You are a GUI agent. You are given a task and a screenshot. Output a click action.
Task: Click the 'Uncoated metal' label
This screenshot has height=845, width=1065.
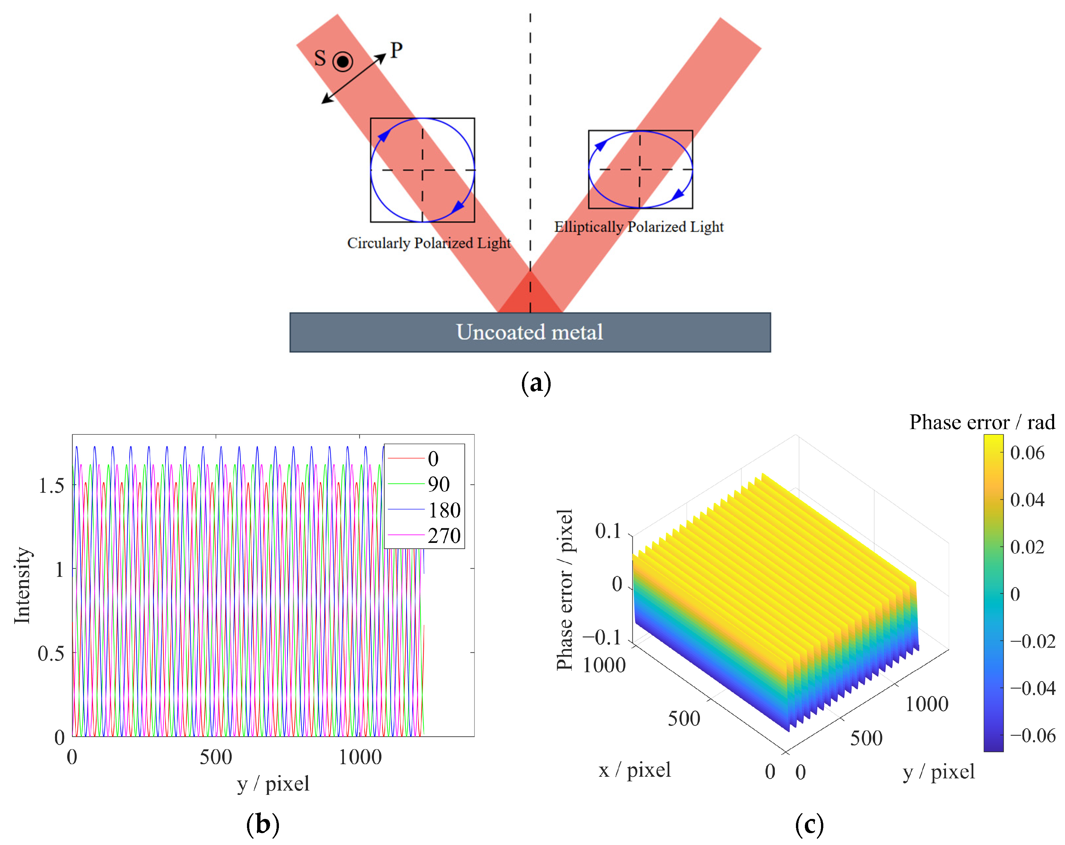pyautogui.click(x=530, y=332)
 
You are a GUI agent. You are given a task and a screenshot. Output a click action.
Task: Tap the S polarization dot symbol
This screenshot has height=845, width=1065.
pyautogui.click(x=342, y=62)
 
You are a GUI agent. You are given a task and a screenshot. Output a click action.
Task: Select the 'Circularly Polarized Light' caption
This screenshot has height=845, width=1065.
pyautogui.click(x=429, y=243)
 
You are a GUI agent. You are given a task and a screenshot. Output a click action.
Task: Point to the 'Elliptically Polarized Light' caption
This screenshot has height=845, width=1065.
pyautogui.click(x=639, y=227)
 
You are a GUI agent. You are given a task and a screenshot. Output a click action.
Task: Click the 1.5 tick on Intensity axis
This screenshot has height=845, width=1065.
pyautogui.click(x=51, y=486)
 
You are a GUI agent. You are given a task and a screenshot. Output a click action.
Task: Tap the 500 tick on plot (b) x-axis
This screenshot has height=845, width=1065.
pyautogui.click(x=216, y=757)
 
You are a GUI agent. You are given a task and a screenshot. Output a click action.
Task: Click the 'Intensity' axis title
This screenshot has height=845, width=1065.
pyautogui.click(x=22, y=585)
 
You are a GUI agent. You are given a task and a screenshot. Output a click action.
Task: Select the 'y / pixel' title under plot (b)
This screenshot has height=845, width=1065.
pyautogui.click(x=273, y=783)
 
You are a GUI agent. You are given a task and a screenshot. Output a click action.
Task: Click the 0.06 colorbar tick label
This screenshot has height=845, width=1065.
pyautogui.click(x=1027, y=453)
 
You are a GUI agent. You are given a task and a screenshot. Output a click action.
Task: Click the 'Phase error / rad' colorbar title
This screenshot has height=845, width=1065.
pyautogui.click(x=982, y=422)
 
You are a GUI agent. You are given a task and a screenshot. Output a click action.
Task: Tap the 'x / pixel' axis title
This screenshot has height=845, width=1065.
pyautogui.click(x=635, y=770)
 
